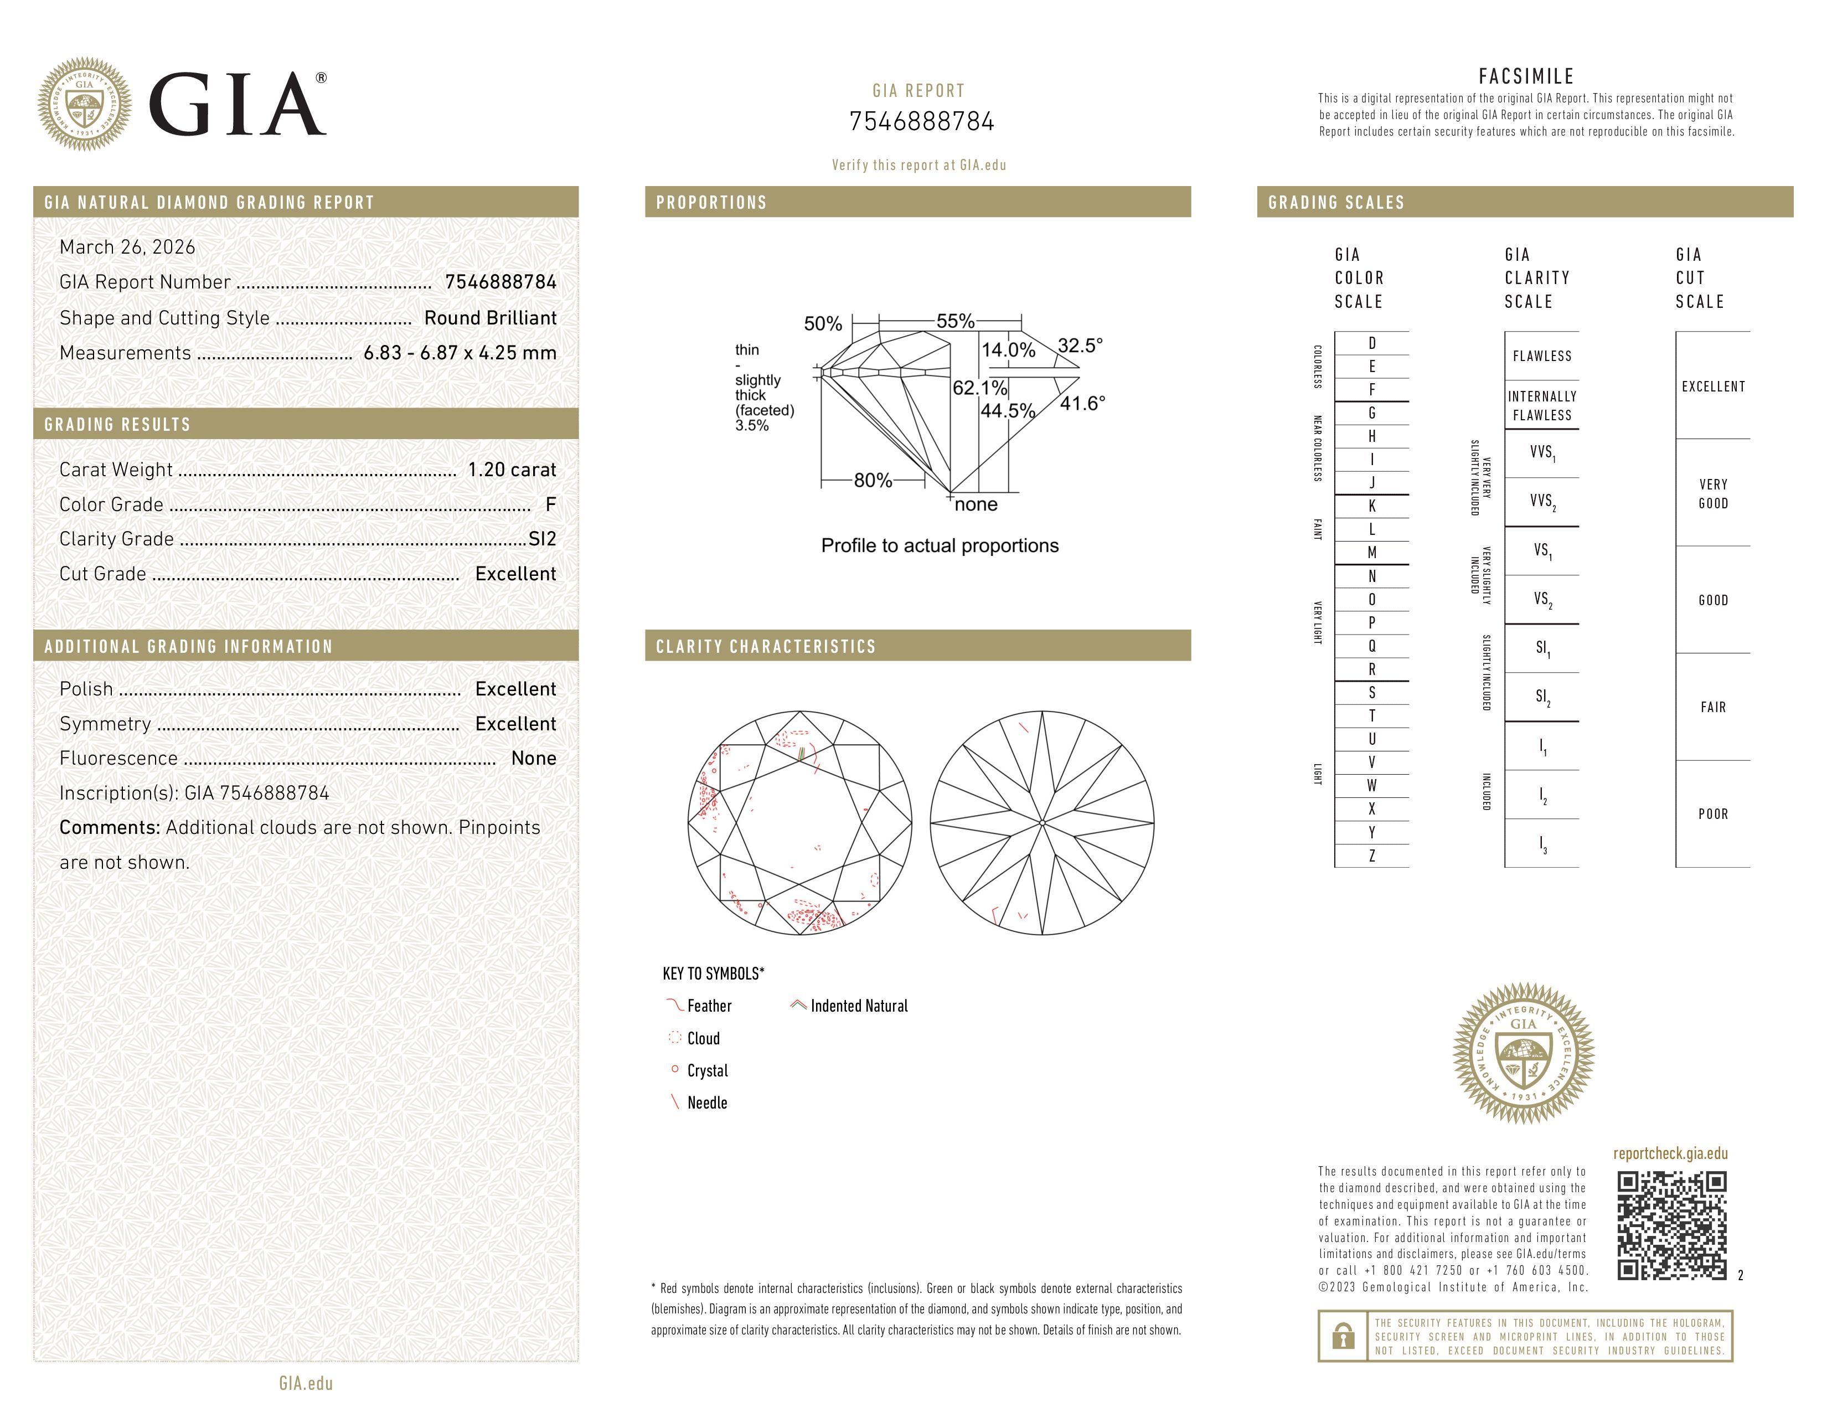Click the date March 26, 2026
[127, 247]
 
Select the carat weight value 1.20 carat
[511, 469]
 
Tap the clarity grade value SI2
[542, 539]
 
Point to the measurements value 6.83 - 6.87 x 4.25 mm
[460, 353]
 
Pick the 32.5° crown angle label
[1080, 346]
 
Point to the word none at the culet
[976, 504]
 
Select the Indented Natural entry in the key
[858, 1006]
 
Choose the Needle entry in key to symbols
[707, 1102]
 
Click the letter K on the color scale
[1372, 506]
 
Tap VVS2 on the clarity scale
[1542, 501]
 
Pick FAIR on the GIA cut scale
[1712, 707]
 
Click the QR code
[1671, 1225]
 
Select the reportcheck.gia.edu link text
[1670, 1153]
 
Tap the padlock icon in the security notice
[1343, 1336]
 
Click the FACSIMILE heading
[1526, 76]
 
